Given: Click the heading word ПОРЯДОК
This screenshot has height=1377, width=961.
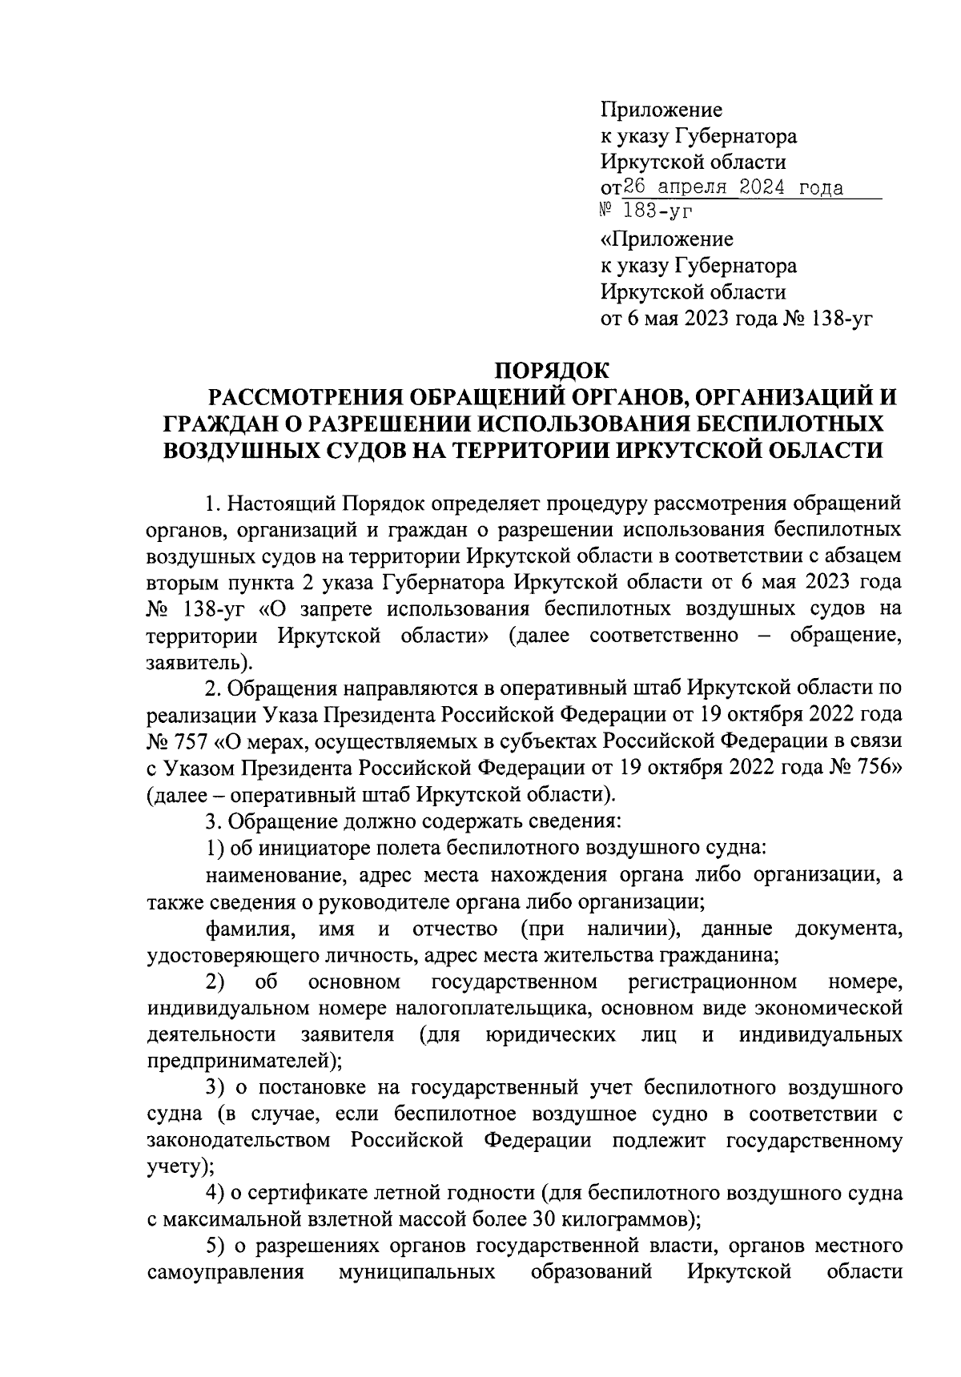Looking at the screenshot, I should [x=551, y=371].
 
